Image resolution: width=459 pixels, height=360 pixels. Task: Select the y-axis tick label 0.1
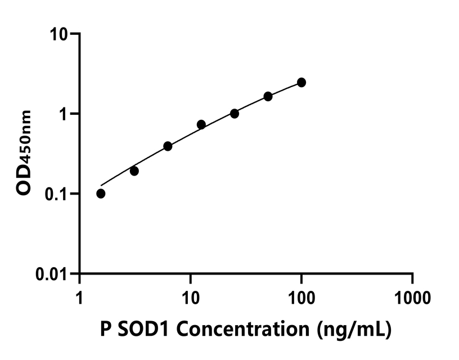pos(56,194)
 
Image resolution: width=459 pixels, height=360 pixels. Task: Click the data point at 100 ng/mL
pos(301,83)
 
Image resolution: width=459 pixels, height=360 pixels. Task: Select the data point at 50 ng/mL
pos(268,96)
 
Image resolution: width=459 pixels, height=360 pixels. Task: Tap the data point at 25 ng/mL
pos(235,114)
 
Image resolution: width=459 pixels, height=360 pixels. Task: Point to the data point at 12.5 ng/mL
pos(201,124)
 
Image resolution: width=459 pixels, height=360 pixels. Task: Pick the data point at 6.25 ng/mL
pos(168,146)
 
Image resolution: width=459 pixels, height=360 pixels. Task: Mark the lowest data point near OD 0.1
pos(101,193)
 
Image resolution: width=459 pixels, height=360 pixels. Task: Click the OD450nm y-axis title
pos(25,153)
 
